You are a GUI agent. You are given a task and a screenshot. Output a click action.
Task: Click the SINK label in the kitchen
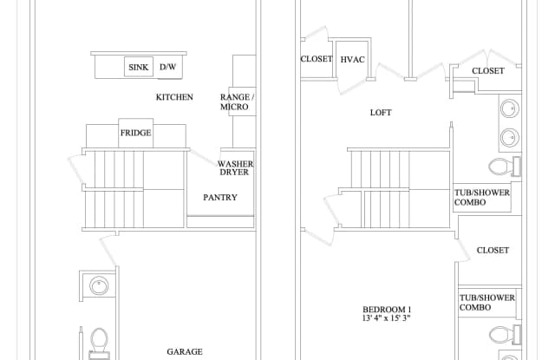point(139,67)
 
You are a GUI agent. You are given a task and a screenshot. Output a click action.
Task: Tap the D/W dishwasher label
point(167,67)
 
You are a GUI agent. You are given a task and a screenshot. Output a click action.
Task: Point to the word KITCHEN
point(174,97)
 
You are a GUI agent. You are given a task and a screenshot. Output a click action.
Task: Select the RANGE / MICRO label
point(235,101)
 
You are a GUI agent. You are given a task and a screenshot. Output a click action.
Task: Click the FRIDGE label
point(135,133)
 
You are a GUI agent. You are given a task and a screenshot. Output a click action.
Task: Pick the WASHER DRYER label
point(235,167)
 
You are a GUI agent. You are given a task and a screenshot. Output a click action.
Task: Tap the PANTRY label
point(220,197)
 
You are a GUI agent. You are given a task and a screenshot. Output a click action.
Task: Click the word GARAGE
point(185,351)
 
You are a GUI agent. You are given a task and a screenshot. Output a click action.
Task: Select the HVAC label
point(352,59)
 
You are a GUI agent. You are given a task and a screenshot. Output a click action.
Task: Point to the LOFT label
point(381,113)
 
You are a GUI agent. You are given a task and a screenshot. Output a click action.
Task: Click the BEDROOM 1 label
point(387,309)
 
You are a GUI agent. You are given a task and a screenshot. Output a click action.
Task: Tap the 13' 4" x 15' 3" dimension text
point(387,318)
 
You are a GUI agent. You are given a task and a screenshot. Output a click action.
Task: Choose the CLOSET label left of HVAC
point(317,59)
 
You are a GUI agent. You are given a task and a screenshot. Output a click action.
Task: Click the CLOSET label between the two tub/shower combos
point(493,250)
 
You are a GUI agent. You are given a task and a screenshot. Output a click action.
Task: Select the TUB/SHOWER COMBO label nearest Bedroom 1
point(487,303)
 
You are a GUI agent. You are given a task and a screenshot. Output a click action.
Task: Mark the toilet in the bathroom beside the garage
point(99,339)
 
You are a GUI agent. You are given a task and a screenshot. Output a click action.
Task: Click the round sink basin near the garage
point(100,285)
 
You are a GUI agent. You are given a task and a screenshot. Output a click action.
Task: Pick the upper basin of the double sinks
point(509,110)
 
